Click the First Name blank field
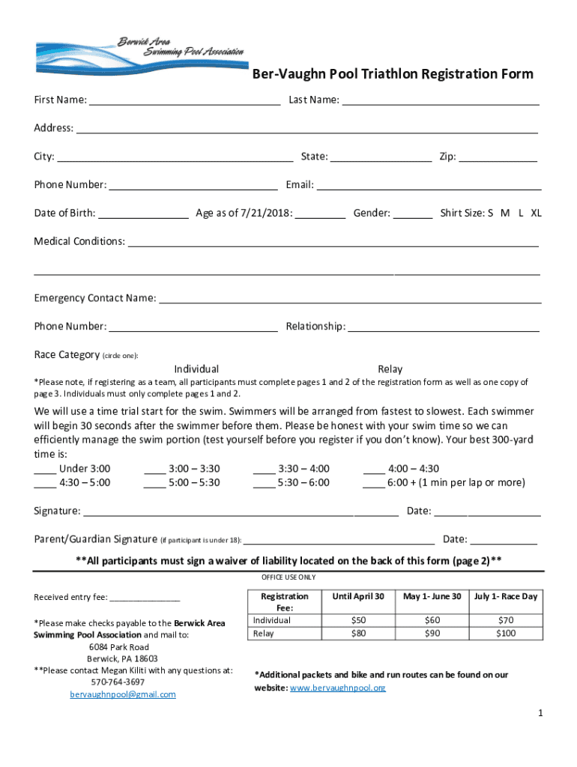(184, 100)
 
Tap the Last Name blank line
(441, 100)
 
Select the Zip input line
(498, 157)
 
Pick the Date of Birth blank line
(143, 213)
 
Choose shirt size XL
(536, 213)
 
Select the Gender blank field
(413, 213)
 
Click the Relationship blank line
(444, 327)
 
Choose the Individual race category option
(196, 369)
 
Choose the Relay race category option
(390, 369)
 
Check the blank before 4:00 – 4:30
(373, 470)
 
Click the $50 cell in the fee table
(358, 621)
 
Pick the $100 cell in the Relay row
(506, 634)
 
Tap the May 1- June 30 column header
(432, 596)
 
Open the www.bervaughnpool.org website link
(337, 688)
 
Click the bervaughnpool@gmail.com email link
(123, 694)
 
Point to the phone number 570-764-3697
(118, 682)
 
